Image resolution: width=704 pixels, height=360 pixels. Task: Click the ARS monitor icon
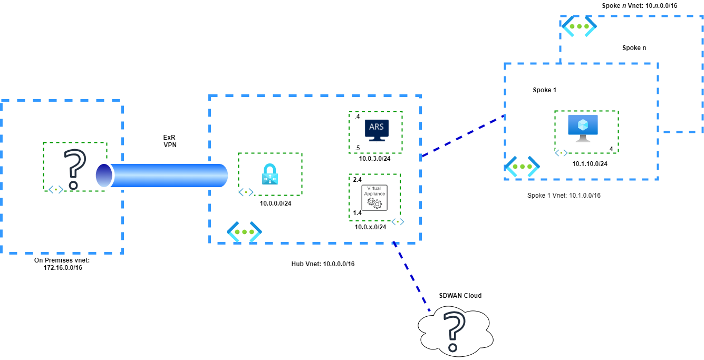(376, 130)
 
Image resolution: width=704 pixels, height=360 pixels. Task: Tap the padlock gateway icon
(269, 174)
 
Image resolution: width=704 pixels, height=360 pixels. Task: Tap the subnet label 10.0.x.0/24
(371, 227)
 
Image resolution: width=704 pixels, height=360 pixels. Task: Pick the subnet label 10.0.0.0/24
(275, 203)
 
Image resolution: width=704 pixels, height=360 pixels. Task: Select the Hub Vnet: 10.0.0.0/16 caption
(323, 264)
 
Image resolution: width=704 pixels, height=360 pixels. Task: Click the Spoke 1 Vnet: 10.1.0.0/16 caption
(564, 196)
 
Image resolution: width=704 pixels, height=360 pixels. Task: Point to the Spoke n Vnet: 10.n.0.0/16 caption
(639, 6)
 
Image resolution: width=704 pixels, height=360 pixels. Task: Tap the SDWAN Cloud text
(460, 296)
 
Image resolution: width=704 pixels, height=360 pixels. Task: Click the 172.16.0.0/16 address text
(63, 268)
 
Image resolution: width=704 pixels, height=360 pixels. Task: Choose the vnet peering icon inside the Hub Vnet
(244, 232)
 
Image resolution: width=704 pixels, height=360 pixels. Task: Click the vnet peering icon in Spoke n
(579, 26)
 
